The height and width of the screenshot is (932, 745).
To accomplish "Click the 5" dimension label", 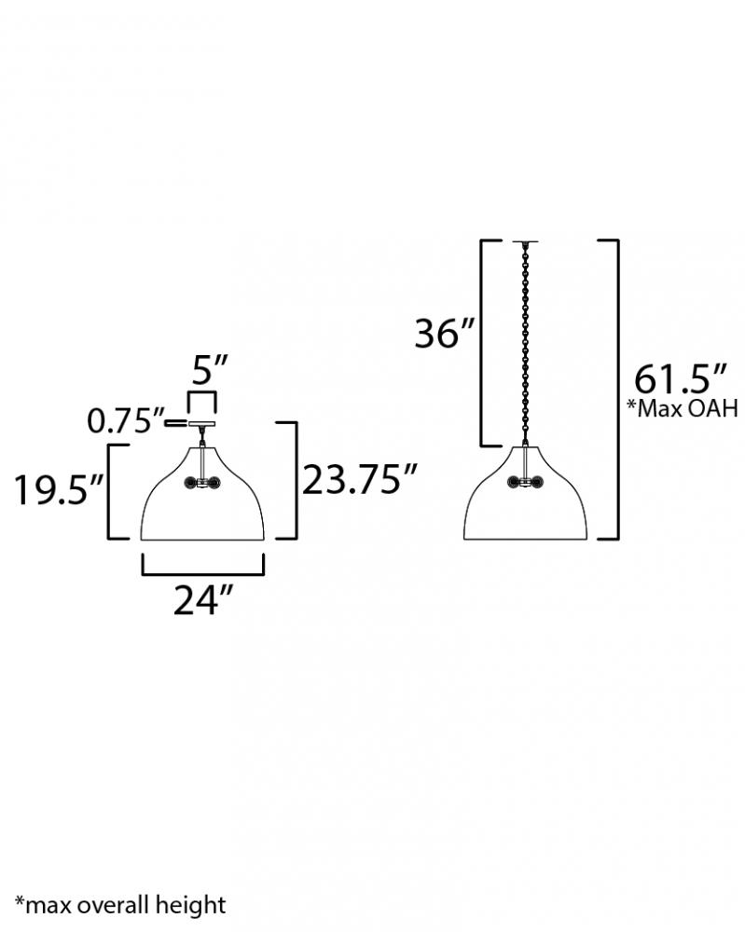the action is [210, 370].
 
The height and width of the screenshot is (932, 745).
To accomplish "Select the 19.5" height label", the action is [60, 490].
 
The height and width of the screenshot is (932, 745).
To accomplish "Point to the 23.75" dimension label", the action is [360, 479].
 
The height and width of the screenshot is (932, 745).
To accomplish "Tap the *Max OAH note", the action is [683, 408].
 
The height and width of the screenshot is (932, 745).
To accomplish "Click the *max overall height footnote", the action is [120, 905].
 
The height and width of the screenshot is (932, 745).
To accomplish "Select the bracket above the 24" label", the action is [202, 573].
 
